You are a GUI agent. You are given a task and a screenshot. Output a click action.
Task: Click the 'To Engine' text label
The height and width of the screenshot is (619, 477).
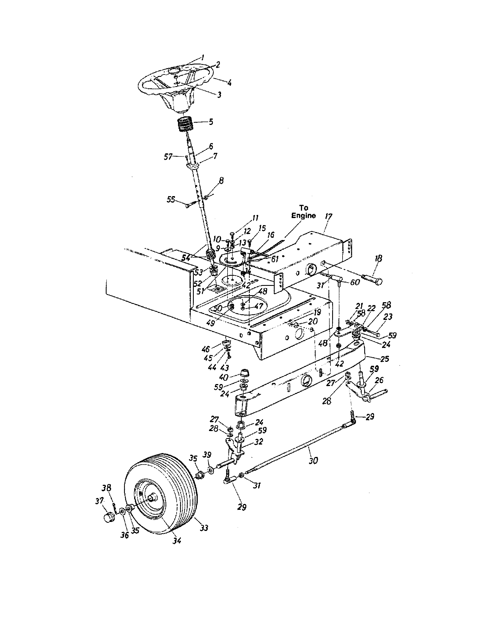(303, 212)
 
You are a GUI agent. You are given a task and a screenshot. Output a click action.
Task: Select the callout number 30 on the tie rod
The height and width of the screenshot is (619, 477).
(313, 461)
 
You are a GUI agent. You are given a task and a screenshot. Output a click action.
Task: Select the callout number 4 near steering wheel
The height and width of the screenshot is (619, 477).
(229, 83)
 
